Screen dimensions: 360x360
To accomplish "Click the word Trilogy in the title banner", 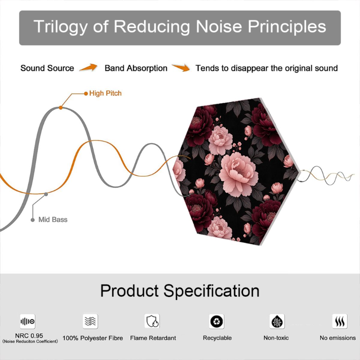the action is click(60, 27).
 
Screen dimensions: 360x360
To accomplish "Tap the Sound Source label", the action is click(47, 68).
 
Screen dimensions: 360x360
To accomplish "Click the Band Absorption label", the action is click(136, 68).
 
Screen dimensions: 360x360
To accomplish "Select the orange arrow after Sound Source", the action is click(88, 67).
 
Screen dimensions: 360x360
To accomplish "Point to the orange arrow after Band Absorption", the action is click(181, 67).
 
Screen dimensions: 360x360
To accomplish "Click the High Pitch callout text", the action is click(105, 93).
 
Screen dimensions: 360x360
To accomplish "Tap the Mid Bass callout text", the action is click(53, 220).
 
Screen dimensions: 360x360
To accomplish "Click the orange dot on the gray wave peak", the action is click(61, 108).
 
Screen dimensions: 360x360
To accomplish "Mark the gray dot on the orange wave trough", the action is click(46, 194).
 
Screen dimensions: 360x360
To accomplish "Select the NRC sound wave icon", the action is click(28, 321).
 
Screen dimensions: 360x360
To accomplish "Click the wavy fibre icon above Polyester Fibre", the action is click(90, 321).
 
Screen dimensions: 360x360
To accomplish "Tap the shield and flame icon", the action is click(152, 321).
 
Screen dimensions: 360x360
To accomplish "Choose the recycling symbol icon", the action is click(217, 321).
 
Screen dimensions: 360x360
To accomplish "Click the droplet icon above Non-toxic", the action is click(277, 321).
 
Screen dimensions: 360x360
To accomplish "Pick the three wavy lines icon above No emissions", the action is click(340, 321).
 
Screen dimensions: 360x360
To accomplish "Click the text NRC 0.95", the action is click(29, 335).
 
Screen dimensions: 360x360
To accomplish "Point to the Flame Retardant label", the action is click(153, 338).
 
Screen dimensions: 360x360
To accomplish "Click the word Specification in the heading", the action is click(211, 291).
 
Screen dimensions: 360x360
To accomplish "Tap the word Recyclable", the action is click(217, 338).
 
